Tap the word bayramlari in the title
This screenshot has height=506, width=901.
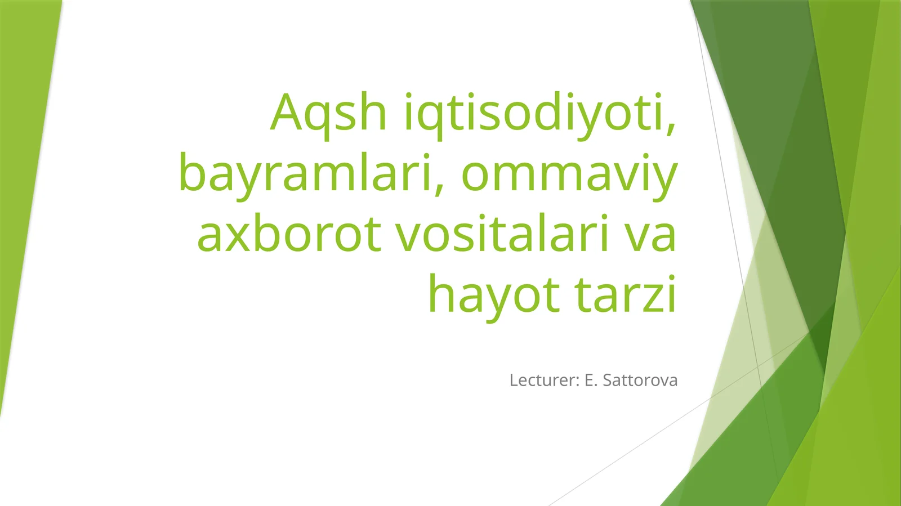[x=307, y=173]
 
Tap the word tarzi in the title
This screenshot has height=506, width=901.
[x=625, y=295]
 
